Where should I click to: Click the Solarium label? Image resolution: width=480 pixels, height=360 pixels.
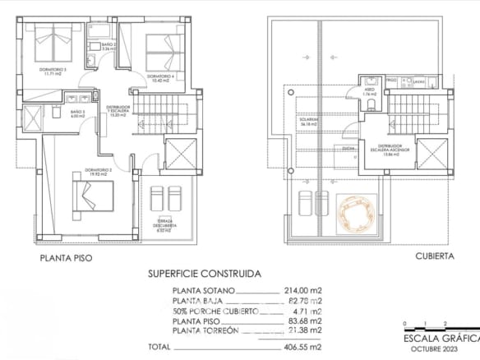(308, 122)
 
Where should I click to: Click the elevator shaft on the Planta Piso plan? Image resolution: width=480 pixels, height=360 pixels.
(181, 154)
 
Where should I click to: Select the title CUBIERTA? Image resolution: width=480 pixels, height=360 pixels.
(435, 256)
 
